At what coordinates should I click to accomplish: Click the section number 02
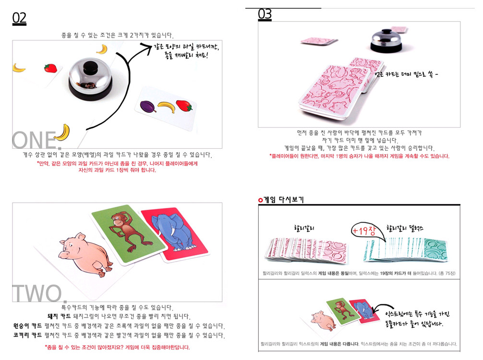tap(19, 18)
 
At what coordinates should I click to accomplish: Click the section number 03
tap(265, 14)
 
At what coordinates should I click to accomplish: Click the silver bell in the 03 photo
tap(386, 39)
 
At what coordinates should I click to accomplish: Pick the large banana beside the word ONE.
tap(62, 132)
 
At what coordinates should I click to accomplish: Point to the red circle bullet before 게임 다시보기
tap(261, 200)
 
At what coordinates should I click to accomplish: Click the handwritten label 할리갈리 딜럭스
tap(405, 228)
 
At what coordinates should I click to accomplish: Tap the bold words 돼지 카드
tap(59, 316)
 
